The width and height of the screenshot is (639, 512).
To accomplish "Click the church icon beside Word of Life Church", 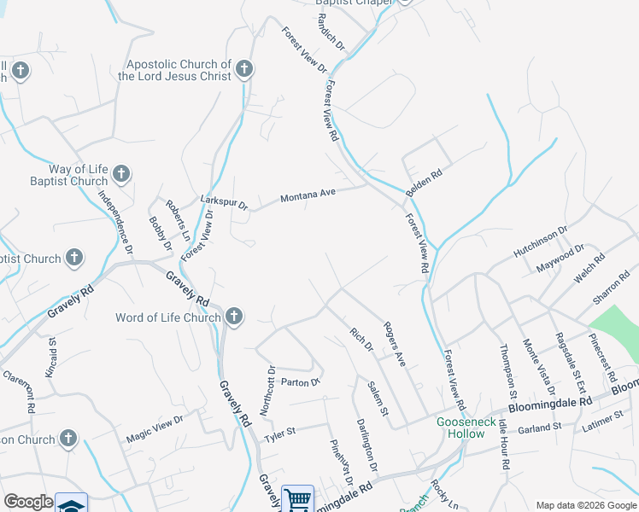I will (235, 317).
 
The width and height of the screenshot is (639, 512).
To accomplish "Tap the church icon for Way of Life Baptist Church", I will (121, 174).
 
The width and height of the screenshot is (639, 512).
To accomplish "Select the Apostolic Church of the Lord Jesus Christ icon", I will (245, 69).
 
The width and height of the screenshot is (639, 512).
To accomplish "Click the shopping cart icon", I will (297, 498).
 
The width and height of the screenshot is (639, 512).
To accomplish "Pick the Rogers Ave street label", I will (394, 344).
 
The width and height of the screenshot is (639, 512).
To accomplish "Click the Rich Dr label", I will (362, 340).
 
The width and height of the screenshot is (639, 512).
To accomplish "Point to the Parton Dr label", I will (299, 381).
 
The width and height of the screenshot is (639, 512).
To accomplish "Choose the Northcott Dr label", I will (267, 390).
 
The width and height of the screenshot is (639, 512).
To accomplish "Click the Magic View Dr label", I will (155, 428).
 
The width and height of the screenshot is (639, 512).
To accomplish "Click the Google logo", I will (28, 502).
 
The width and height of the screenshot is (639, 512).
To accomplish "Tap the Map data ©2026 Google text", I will (586, 504).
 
